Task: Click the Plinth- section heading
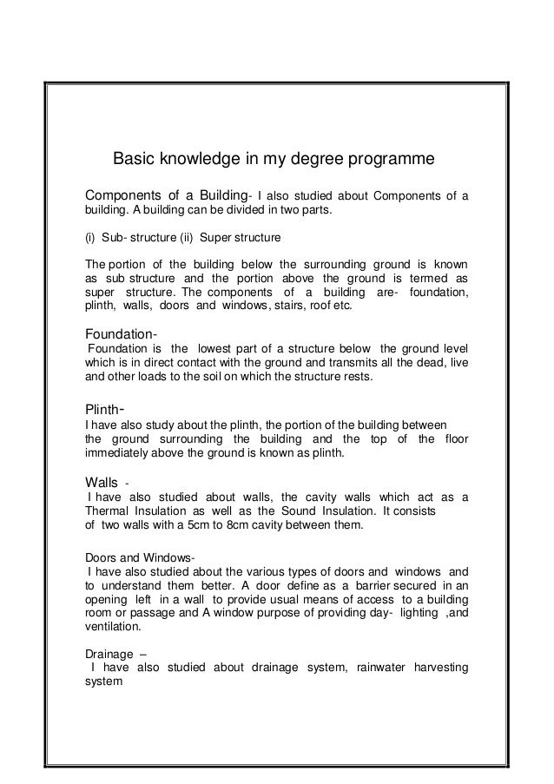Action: [108, 407]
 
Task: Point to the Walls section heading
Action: [102, 481]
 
